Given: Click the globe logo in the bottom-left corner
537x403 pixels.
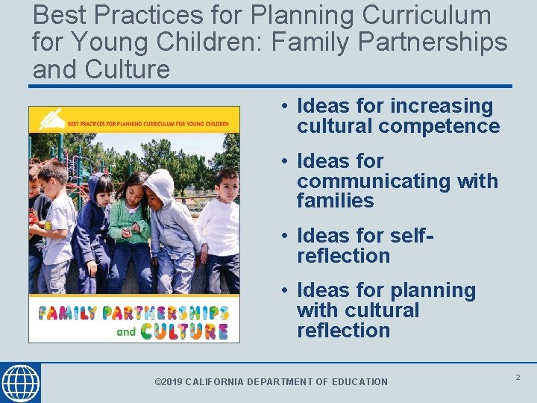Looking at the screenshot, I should coord(20,383).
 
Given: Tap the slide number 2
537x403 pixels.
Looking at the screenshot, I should coord(518,378).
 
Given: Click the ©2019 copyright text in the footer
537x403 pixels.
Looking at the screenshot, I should coord(168,382).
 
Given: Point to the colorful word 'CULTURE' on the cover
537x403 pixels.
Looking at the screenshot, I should coord(184,331).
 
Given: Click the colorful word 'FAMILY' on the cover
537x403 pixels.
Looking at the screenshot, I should coord(68,312).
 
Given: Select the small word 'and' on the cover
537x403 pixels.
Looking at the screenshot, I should coord(126,332).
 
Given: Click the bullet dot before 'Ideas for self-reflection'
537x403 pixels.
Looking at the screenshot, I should coord(286,236).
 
